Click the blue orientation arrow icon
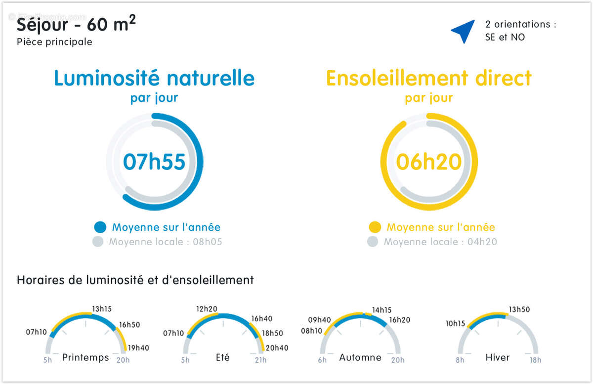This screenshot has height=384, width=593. tap(464, 31)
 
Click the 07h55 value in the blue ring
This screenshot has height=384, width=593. tap(154, 162)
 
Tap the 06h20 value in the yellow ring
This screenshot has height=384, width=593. tap(428, 162)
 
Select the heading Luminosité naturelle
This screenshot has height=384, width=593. tap(154, 78)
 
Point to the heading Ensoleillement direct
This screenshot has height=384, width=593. tap(428, 78)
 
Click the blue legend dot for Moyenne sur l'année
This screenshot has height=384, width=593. tap(100, 227)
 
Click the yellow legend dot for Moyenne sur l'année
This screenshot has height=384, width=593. tap(375, 227)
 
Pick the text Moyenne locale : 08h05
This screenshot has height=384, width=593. tap(166, 242)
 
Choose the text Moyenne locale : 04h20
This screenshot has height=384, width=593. tap(440, 242)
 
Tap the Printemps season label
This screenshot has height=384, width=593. tap(85, 357)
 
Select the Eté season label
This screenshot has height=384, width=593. tap(223, 357)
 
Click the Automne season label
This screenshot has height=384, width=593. tap(360, 357)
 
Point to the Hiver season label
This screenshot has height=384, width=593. tap(497, 357)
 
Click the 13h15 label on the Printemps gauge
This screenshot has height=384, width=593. tap(102, 309)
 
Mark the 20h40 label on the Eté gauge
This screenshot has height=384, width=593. tap(277, 348)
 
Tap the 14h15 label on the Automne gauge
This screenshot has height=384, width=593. tap(381, 310)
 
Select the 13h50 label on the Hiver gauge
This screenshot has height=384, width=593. tap(519, 309)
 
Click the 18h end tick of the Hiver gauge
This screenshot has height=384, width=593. tap(536, 360)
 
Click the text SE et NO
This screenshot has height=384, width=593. tap(505, 37)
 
